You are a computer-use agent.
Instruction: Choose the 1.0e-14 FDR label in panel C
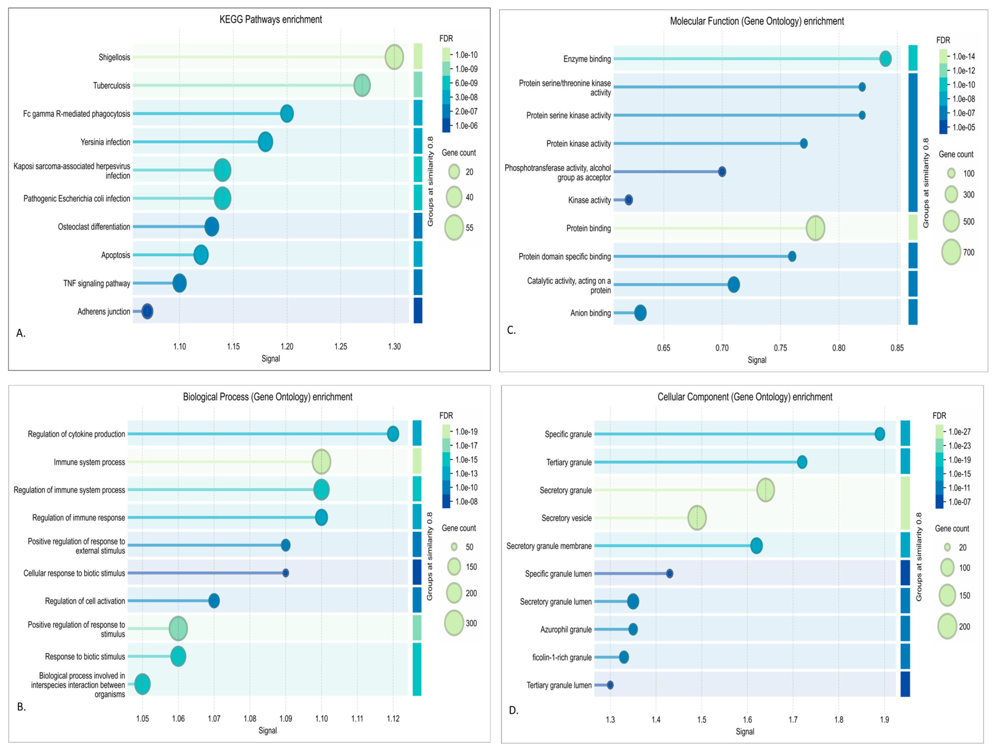coord(963,56)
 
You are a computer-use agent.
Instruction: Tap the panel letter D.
coord(513,710)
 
